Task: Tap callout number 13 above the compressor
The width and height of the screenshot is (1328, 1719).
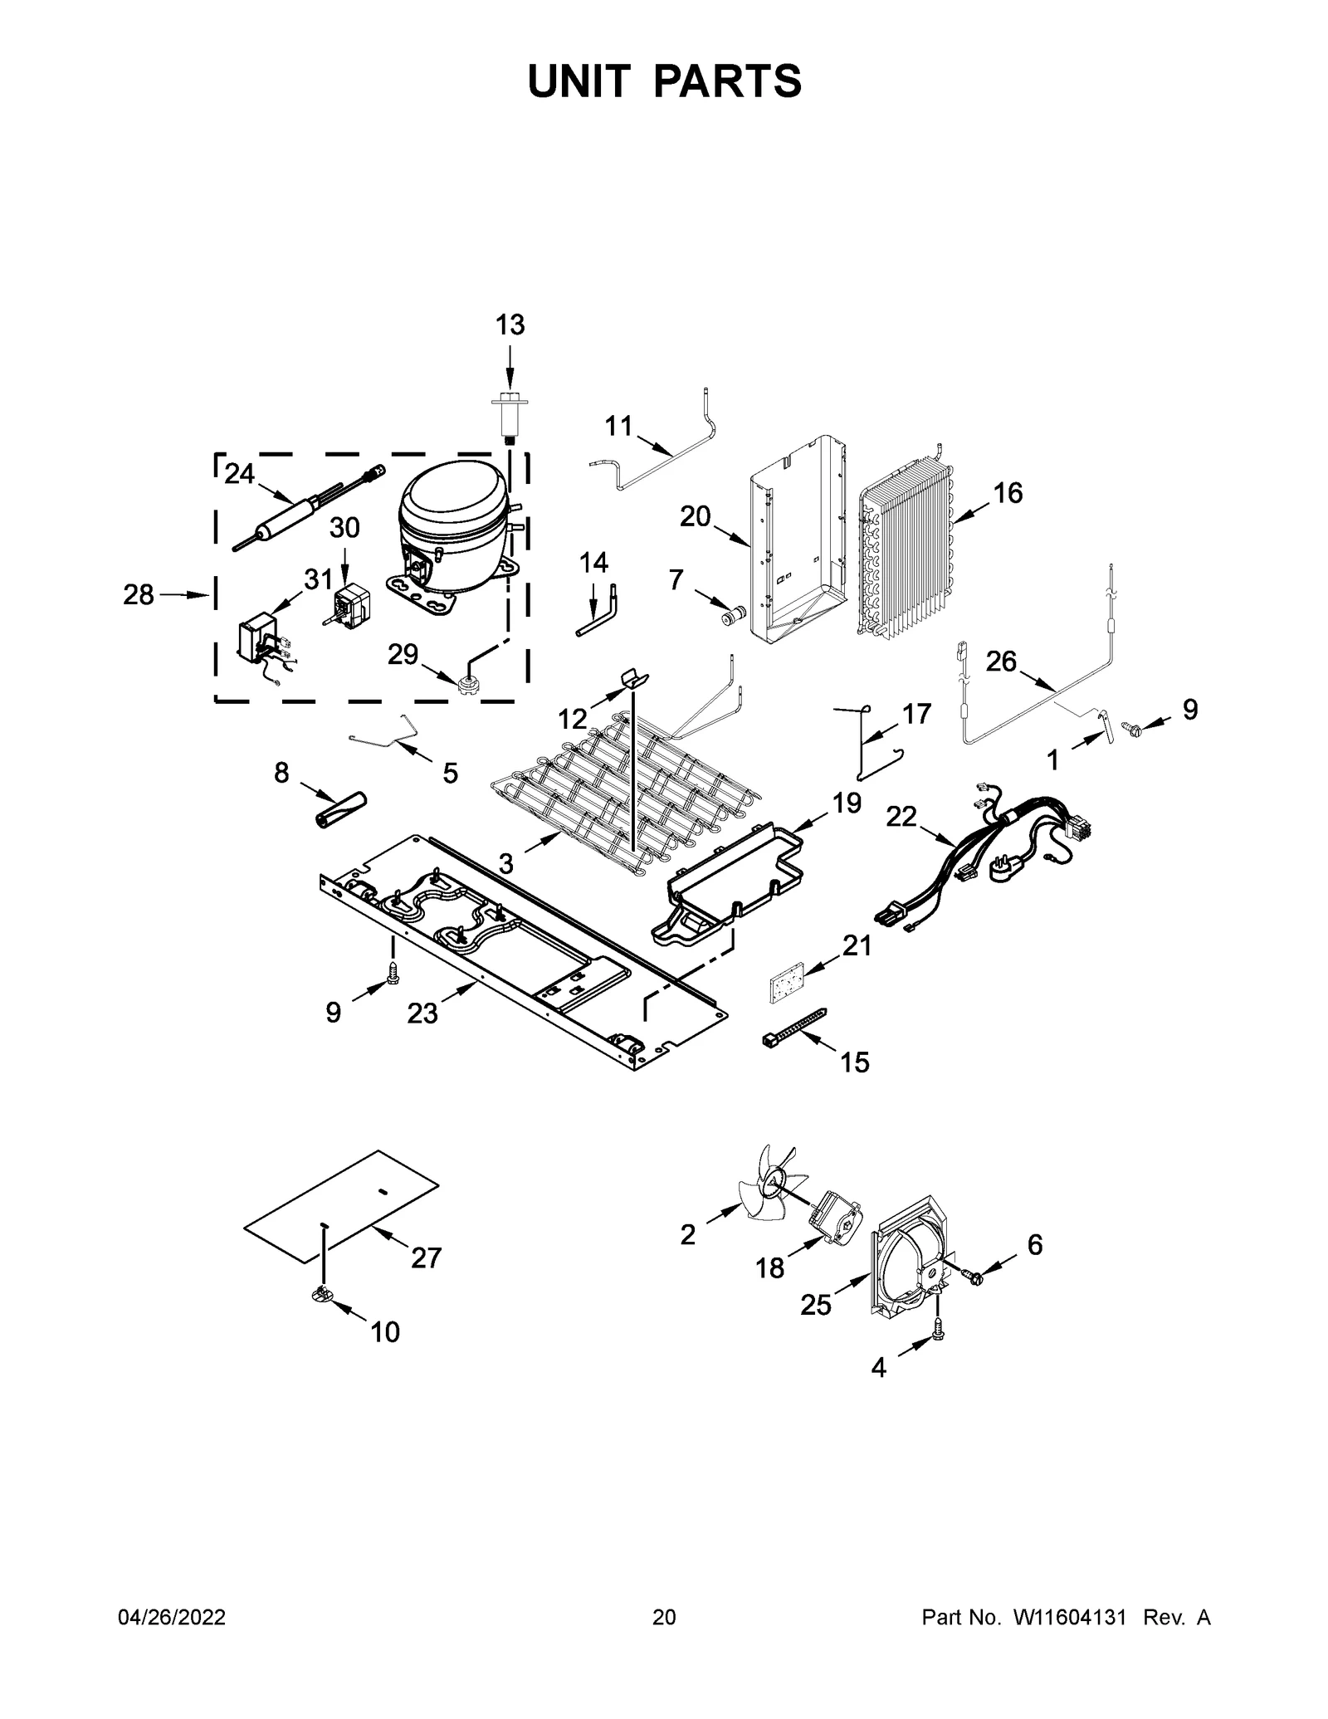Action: point(510,325)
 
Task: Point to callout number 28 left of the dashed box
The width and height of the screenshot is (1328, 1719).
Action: point(139,594)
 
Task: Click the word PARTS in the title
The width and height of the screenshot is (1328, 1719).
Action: point(728,81)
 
